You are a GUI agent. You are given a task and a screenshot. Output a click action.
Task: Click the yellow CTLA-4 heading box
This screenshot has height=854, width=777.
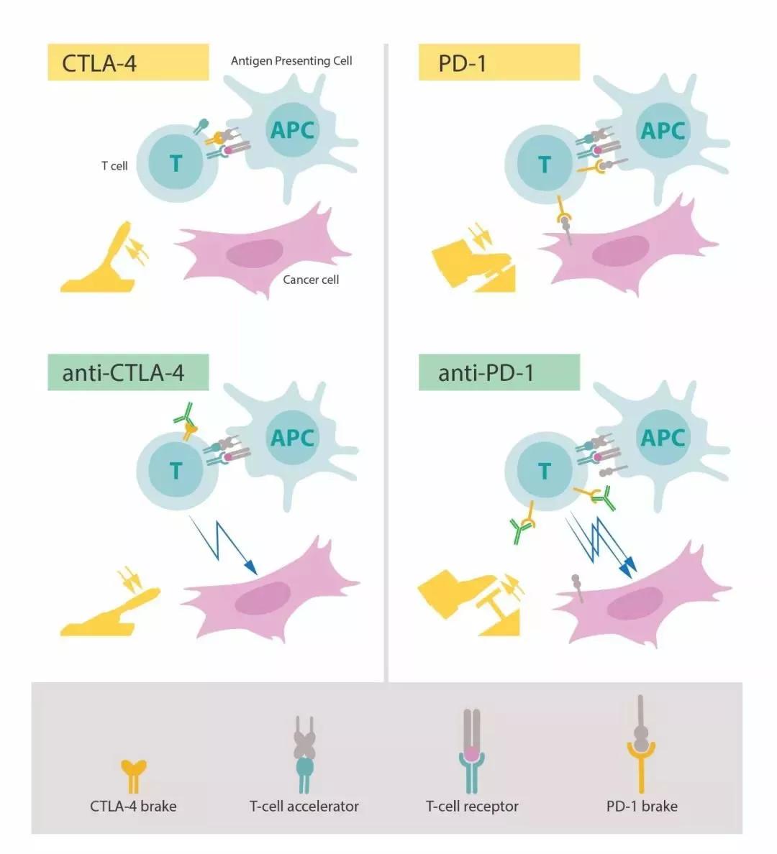128,63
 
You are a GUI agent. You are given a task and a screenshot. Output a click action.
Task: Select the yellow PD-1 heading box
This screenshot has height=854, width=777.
499,63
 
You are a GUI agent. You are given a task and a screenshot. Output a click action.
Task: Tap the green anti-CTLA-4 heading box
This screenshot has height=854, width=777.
128,372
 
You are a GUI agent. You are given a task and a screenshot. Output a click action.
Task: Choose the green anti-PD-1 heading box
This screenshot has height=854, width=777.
499,372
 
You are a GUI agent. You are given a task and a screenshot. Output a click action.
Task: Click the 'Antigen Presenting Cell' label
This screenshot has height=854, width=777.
291,61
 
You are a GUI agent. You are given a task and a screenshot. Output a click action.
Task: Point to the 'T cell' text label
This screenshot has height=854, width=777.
114,166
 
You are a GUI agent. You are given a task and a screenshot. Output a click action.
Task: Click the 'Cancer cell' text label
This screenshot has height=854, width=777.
311,280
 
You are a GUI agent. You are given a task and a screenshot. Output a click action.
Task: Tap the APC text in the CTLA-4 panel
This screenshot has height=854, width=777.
292,130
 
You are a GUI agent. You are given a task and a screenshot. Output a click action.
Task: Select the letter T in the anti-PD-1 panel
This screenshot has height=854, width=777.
545,471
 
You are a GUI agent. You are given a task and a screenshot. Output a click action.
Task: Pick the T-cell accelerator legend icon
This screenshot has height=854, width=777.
304,754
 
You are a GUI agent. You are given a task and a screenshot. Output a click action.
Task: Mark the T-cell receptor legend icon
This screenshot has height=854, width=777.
472,750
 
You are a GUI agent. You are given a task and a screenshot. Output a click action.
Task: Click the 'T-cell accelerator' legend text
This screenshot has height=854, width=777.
304,807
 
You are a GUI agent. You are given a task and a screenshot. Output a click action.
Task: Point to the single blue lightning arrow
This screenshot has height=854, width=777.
223,545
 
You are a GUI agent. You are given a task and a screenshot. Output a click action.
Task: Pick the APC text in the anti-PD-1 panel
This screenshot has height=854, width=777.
663,437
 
